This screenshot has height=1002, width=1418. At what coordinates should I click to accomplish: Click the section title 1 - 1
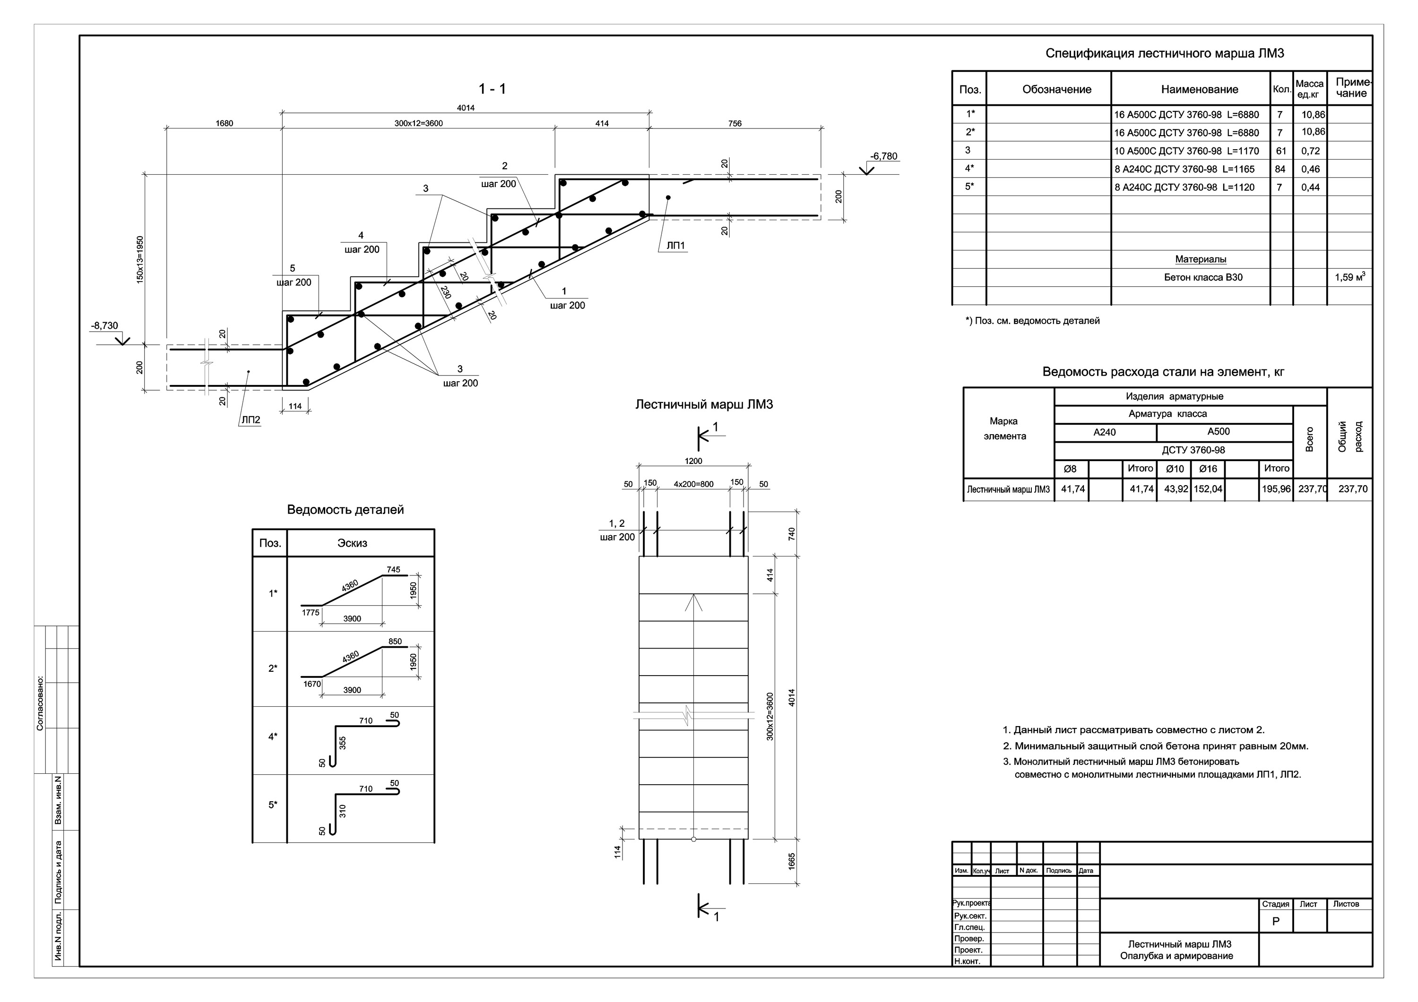coord(492,89)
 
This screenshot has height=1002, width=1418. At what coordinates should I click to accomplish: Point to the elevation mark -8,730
coord(104,326)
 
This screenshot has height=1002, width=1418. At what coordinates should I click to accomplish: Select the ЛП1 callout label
coord(675,246)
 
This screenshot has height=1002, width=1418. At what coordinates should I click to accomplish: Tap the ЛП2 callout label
coord(251,420)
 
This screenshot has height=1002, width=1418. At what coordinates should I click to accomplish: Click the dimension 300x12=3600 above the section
coord(419,123)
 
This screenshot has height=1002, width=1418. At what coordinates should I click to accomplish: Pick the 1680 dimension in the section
coord(224,123)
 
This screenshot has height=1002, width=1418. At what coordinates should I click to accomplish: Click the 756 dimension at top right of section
coord(735,123)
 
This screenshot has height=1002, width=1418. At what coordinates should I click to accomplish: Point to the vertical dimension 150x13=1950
coord(140,259)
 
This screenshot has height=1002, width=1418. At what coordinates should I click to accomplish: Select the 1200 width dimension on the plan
coord(693,461)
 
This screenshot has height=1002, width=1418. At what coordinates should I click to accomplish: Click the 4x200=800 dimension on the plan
coord(693,484)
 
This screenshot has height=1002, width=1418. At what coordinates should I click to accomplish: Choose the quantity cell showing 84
coord(1280,169)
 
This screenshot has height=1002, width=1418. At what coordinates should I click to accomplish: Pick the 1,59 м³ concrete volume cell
coord(1349,277)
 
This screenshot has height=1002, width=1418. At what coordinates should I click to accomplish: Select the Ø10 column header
coord(1175,469)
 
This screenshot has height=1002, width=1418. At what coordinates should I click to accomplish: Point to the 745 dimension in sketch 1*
coord(393,570)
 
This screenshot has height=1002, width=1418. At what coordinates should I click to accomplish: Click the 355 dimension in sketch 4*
coord(343,743)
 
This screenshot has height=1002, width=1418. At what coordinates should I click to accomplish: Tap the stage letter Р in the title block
coord(1276,922)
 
